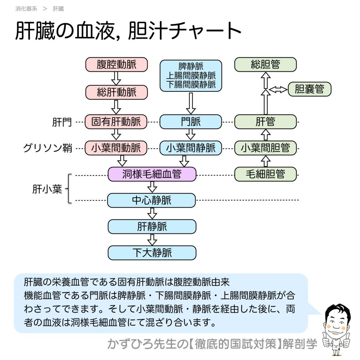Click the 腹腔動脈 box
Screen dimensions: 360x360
point(116,65)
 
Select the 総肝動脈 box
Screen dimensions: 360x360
point(116,92)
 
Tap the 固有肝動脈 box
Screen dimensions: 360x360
point(116,122)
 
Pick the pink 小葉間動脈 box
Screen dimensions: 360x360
point(116,148)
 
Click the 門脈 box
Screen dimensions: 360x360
point(191,122)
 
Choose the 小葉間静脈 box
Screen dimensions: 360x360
point(191,148)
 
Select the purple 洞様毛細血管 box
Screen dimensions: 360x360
point(152,174)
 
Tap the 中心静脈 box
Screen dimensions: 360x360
point(152,200)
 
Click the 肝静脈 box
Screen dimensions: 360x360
point(152,227)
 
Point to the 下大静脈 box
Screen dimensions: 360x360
point(152,253)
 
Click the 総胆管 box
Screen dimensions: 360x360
point(265,65)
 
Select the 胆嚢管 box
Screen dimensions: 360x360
point(309,89)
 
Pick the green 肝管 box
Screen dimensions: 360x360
point(265,122)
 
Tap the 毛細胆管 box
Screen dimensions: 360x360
point(265,174)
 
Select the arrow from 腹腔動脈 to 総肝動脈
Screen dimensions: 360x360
point(116,78)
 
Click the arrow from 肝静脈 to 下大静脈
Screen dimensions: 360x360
point(152,240)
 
